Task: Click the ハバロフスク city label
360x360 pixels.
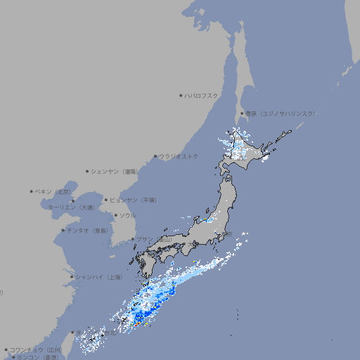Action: point(202,95)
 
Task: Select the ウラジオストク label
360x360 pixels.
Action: point(179,156)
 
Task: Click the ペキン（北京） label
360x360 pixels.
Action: point(54,191)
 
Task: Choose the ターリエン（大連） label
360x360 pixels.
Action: point(71,208)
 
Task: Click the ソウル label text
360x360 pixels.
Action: point(127,215)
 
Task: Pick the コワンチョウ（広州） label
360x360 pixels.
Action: point(35,349)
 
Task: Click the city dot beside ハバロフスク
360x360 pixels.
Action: point(181,95)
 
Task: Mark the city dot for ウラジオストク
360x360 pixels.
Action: point(155,156)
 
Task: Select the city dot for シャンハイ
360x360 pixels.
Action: point(72,277)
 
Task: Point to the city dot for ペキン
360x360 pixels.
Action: point(32,191)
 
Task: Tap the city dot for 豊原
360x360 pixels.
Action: point(242,113)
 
